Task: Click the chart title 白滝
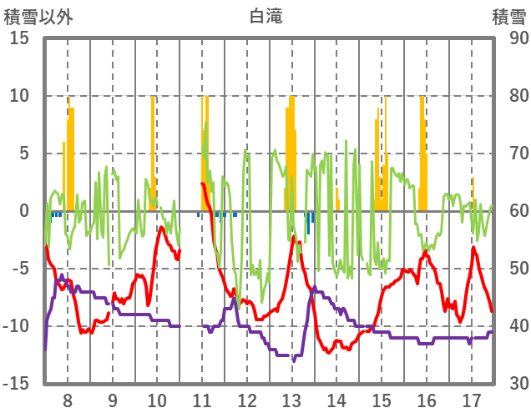point(265,16)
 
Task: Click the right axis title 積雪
point(508,16)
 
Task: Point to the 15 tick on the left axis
point(19,38)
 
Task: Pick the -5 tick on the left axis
point(20,269)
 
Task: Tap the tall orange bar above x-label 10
point(153,150)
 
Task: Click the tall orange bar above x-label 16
point(422,150)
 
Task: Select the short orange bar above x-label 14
point(337,199)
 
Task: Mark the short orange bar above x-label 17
point(473,194)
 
